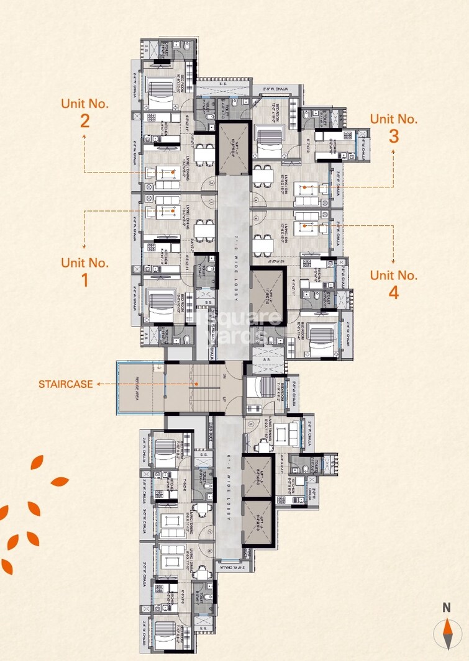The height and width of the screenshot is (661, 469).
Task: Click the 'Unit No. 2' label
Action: (85, 112)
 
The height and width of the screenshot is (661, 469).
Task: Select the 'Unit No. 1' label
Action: (85, 271)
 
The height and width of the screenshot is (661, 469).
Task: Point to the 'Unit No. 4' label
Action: (394, 284)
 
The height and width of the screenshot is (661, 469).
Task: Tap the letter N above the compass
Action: (446, 608)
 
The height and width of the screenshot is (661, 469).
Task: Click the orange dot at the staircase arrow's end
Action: (197, 384)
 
